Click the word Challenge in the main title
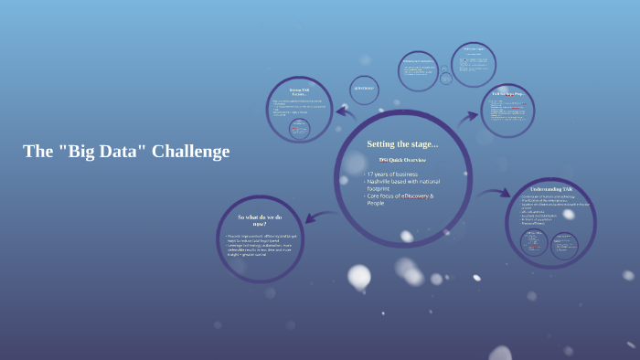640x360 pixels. pos(190,152)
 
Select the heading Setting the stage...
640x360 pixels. pos(402,143)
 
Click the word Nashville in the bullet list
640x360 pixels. pos(384,181)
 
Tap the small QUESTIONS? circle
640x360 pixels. pos(364,89)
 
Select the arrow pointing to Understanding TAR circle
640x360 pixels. pos(495,193)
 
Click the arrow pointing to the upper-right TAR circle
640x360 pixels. pos(468,116)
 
